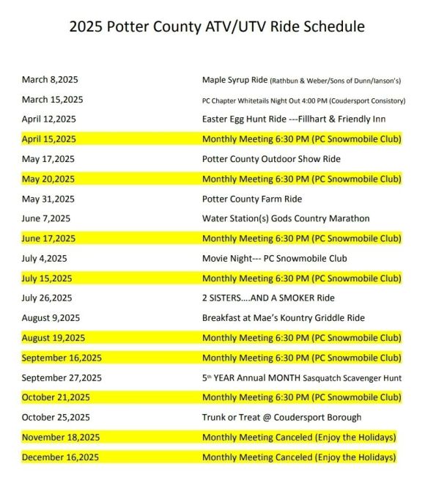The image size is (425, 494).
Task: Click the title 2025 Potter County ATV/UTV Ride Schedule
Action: tap(216, 27)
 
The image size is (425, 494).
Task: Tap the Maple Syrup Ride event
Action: tap(300, 79)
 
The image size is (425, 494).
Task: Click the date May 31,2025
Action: tap(48, 199)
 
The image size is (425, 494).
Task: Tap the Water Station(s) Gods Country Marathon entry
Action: tap(285, 218)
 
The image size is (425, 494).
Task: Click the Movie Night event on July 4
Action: tap(274, 258)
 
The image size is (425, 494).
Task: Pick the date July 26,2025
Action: tap(47, 298)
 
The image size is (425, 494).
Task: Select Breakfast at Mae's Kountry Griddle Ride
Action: tap(283, 317)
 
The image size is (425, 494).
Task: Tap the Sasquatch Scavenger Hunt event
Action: tap(301, 377)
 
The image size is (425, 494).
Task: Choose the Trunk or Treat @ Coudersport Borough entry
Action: tap(281, 417)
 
